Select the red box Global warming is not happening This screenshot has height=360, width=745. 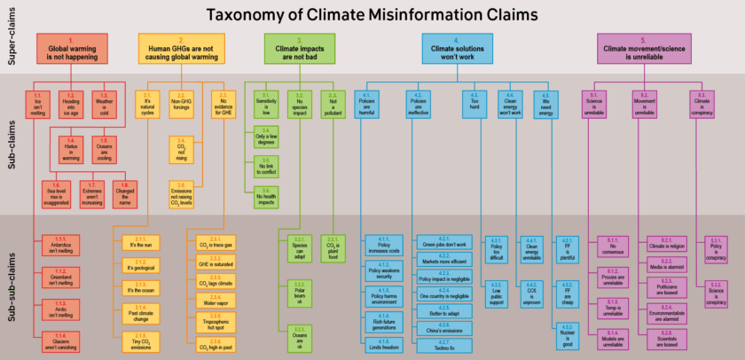click(x=72, y=48)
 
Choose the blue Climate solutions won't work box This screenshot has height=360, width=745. click(x=456, y=48)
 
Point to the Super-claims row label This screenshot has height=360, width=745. click(x=12, y=41)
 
